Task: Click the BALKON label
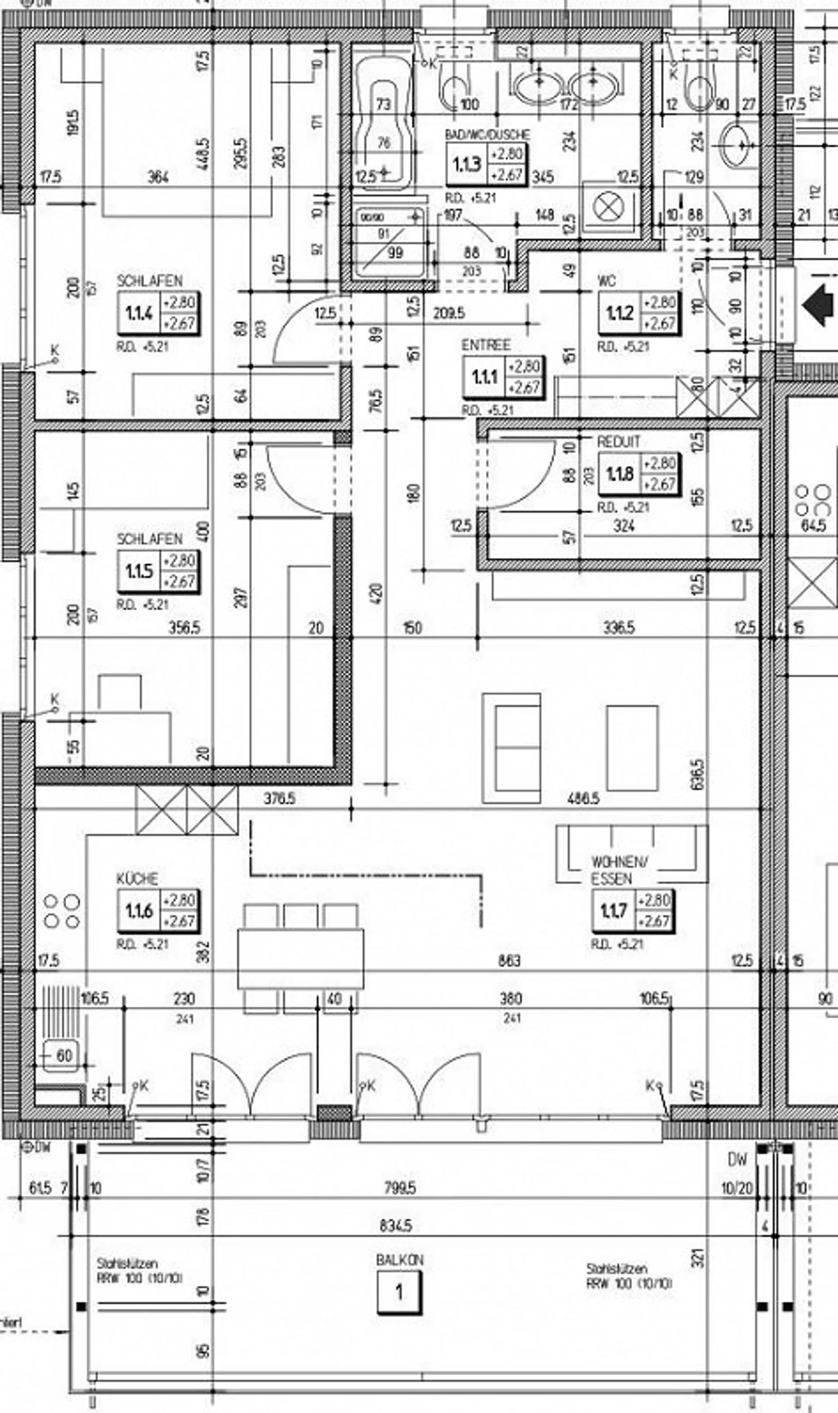click(x=399, y=1260)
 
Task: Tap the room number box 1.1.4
click(x=139, y=313)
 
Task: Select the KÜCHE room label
click(x=137, y=878)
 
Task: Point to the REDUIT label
click(x=618, y=442)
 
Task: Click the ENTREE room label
click(x=486, y=345)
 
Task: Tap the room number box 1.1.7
click(x=614, y=911)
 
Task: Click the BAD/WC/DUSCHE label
click(x=488, y=134)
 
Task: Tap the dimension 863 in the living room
click(x=509, y=961)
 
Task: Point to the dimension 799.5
click(x=400, y=1188)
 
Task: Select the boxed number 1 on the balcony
click(x=399, y=1293)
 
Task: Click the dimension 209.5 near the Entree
click(x=449, y=313)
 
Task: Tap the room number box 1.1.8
click(x=619, y=474)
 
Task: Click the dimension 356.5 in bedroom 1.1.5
click(x=184, y=628)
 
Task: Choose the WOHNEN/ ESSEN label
click(x=619, y=870)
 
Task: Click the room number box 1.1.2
click(x=619, y=313)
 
